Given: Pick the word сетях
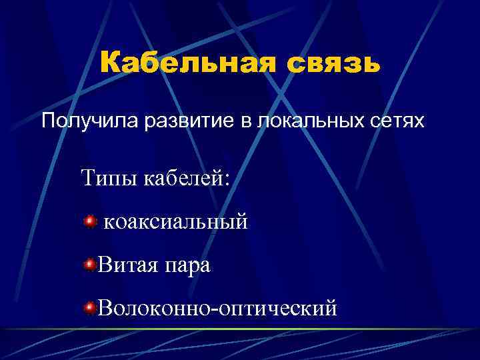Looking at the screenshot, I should (x=397, y=122).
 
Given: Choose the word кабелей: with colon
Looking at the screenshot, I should (x=185, y=178).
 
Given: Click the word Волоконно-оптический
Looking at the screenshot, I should (x=217, y=308).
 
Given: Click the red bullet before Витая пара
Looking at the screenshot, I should (x=89, y=265).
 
